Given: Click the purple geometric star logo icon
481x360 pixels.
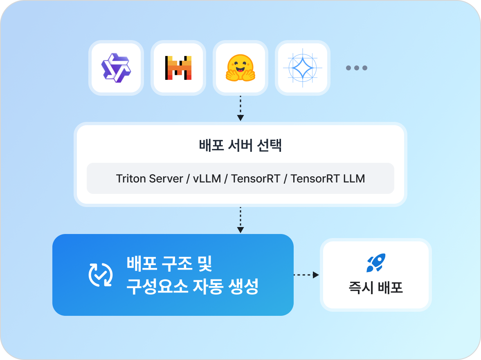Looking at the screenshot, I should tap(116, 67).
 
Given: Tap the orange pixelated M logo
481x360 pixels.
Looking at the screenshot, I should tap(178, 67).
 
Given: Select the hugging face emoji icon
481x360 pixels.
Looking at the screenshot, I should tap(240, 67).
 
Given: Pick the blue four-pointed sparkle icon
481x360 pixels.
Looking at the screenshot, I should tap(303, 67).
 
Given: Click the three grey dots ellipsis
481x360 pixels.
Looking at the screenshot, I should tap(357, 68).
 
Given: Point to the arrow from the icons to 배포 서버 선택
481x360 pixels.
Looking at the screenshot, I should tap(240, 108).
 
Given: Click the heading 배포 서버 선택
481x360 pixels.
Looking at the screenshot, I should tap(240, 146).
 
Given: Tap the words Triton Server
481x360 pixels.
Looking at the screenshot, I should tap(149, 179).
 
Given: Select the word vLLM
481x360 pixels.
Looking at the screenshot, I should tap(207, 179).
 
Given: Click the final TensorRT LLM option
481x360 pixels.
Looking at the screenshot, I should tap(328, 179).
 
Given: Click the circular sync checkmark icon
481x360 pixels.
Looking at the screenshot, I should tap(101, 274).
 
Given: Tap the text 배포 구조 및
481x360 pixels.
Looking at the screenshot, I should tap(169, 264).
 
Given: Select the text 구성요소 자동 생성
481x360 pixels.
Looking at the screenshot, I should tap(192, 286).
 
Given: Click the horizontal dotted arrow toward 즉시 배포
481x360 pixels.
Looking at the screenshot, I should tap(306, 275).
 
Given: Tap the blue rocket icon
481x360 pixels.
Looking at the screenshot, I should tap(376, 263).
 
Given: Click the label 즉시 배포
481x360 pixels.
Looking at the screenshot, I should tap(376, 288).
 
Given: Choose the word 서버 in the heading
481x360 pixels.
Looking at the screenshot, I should tap(240, 146).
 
